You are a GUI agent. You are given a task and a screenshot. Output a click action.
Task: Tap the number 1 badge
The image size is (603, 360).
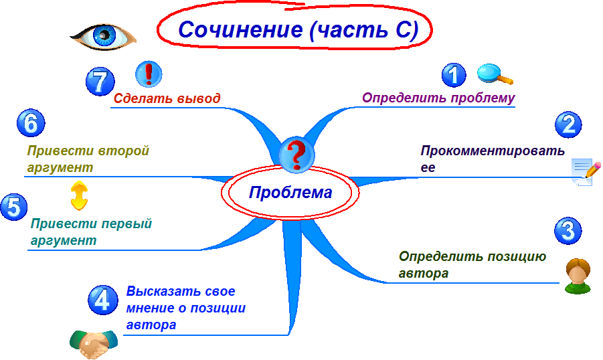click(x=454, y=76)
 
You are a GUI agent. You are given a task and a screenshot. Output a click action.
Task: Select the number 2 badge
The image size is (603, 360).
click(x=568, y=124)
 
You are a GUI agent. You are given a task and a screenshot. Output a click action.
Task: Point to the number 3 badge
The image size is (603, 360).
click(x=568, y=231)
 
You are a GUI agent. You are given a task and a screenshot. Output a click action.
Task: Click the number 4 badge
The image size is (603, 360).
click(x=102, y=300)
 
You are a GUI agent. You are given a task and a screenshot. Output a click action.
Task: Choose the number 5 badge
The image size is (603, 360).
click(x=14, y=207)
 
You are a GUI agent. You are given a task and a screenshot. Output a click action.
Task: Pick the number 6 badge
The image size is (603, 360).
click(x=31, y=123)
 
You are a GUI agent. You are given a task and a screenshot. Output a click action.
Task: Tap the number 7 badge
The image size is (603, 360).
click(x=100, y=82)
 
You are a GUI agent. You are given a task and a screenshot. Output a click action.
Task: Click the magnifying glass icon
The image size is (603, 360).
click(x=495, y=74)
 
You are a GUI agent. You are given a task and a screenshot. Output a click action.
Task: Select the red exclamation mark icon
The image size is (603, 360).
click(x=149, y=74)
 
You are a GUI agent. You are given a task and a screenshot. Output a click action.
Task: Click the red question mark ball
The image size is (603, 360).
click(x=296, y=155)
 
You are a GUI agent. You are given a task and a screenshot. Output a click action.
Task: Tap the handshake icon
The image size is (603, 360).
click(x=94, y=343)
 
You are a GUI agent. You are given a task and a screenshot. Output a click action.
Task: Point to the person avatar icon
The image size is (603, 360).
click(x=578, y=276)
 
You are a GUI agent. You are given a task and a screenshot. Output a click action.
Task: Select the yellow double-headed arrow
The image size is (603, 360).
click(x=79, y=195)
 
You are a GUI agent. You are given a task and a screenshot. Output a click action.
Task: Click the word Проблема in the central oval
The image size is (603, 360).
click(x=290, y=192)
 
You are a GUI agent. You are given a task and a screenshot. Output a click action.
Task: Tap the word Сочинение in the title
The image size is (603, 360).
click(x=240, y=29)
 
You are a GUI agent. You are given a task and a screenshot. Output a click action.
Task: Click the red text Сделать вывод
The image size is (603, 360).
click(x=167, y=98)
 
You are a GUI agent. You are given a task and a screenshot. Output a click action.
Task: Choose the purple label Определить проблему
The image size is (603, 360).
click(x=438, y=98)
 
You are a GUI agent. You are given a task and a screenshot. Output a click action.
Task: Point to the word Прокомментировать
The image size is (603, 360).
click(x=493, y=151)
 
